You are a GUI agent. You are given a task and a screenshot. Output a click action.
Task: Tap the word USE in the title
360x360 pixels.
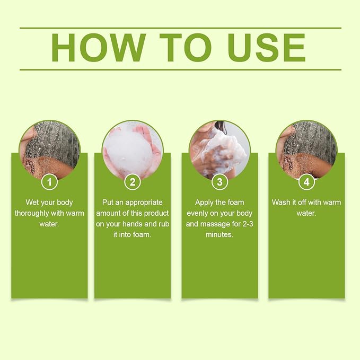pyautogui.click(x=267, y=48)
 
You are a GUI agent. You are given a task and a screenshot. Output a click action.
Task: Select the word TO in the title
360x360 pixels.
pyautogui.click(x=186, y=48)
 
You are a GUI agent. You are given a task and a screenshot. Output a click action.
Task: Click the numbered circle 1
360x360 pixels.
pyautogui.click(x=50, y=182)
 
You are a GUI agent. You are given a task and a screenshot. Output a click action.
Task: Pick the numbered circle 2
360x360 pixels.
pyautogui.click(x=133, y=182)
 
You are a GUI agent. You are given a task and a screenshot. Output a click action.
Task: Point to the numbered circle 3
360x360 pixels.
pyautogui.click(x=219, y=182)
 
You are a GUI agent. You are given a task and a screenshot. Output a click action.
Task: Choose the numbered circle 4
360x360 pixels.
pyautogui.click(x=307, y=182)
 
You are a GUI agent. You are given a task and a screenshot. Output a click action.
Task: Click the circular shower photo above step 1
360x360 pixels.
pyautogui.click(x=50, y=151)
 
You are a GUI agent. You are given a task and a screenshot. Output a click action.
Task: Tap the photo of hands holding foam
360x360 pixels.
pyautogui.click(x=133, y=151)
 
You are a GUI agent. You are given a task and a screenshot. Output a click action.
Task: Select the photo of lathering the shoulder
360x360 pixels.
pyautogui.click(x=219, y=151)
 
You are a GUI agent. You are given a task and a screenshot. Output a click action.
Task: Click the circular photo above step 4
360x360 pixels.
pyautogui.click(x=307, y=151)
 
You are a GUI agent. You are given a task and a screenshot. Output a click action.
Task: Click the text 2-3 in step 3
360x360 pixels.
pyautogui.click(x=248, y=224)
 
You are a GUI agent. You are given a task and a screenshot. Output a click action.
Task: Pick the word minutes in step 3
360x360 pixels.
pyautogui.click(x=219, y=235)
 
